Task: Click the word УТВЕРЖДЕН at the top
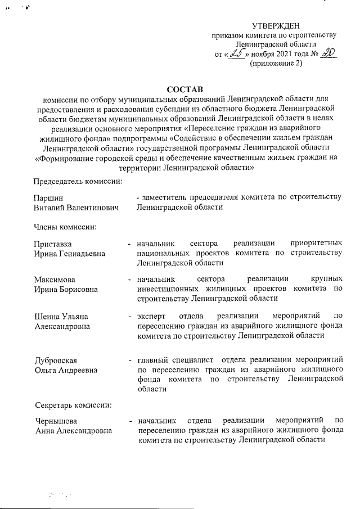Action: tap(276, 25)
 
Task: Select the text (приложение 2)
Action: tap(276, 64)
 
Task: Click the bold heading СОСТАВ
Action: tap(184, 89)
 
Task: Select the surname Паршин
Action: tap(48, 197)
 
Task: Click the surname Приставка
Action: tap(53, 244)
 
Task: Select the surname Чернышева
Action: tap(56, 421)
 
